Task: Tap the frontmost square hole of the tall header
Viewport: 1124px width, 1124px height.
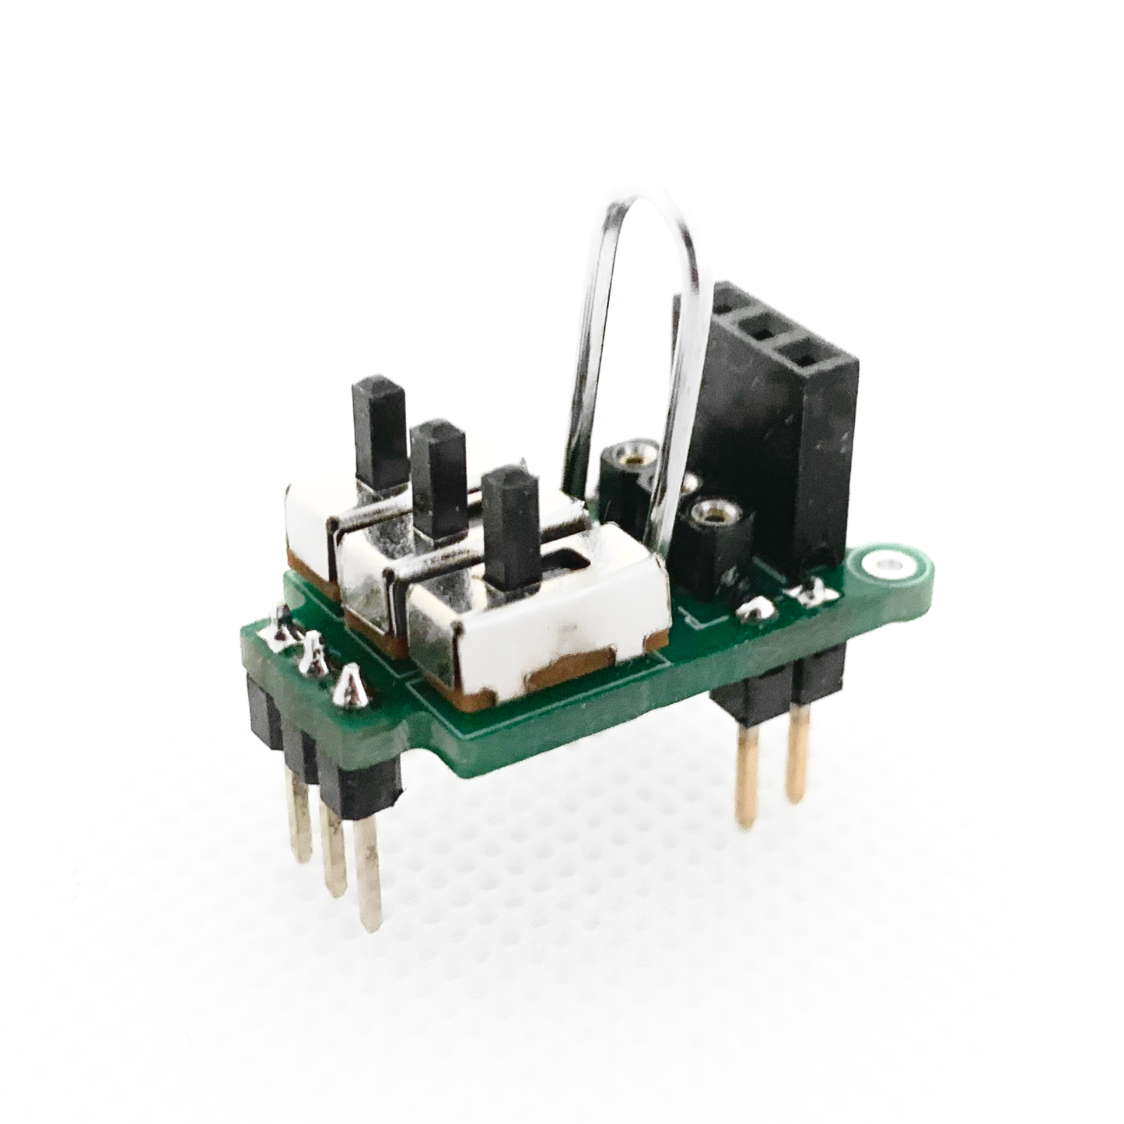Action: [805, 359]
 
